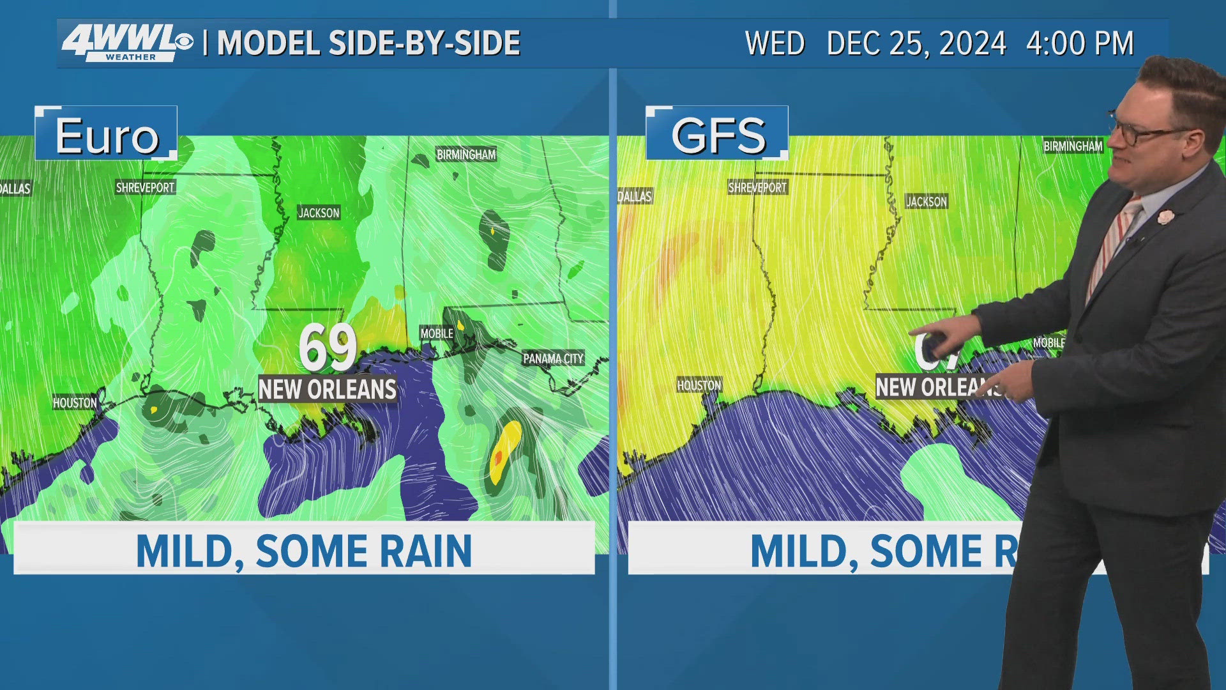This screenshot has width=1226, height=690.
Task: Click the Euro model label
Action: click(x=106, y=135)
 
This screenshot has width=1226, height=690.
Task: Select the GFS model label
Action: click(x=718, y=135)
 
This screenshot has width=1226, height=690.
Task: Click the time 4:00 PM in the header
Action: click(x=1079, y=43)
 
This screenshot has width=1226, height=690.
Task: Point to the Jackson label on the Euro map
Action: click(x=319, y=213)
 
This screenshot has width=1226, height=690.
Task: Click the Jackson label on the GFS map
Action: click(x=927, y=202)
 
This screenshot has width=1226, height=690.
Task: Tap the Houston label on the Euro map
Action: click(x=75, y=402)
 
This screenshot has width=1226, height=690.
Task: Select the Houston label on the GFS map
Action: click(x=699, y=385)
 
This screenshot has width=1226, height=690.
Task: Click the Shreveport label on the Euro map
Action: click(x=145, y=187)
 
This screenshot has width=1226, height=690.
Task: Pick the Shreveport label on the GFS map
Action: click(x=757, y=187)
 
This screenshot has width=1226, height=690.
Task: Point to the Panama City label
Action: click(x=553, y=358)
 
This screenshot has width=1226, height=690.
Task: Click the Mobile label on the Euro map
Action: click(x=437, y=333)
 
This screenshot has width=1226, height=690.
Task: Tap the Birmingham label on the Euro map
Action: click(x=466, y=154)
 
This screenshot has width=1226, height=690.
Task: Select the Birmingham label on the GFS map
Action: click(x=1073, y=146)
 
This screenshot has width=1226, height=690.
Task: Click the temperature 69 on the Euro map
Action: click(x=328, y=347)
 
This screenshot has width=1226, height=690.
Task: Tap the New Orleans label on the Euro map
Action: click(x=328, y=389)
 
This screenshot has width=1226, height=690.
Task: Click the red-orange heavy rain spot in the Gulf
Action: click(x=499, y=457)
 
